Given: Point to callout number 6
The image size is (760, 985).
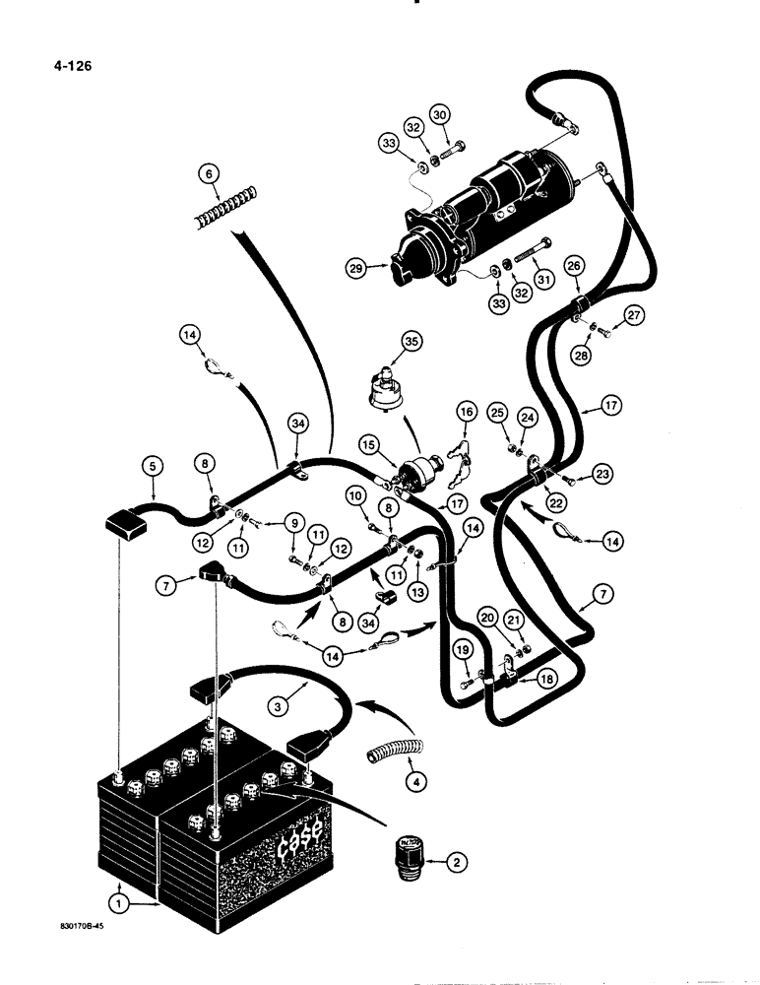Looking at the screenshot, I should click(x=207, y=173).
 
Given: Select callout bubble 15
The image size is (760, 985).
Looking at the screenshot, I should click(x=368, y=447).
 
